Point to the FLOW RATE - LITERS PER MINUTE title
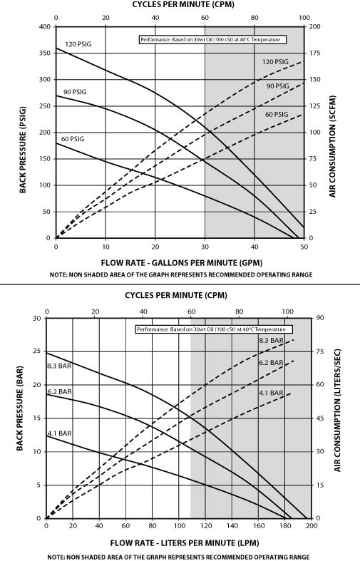[x=178, y=542]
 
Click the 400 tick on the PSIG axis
[x=44, y=27]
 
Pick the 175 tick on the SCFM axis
[x=314, y=53]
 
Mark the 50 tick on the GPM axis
[x=304, y=247]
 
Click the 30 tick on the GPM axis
[x=205, y=247]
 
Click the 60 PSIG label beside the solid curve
[x=73, y=138]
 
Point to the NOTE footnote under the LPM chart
[x=179, y=555]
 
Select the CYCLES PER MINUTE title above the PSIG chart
[x=180, y=4]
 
